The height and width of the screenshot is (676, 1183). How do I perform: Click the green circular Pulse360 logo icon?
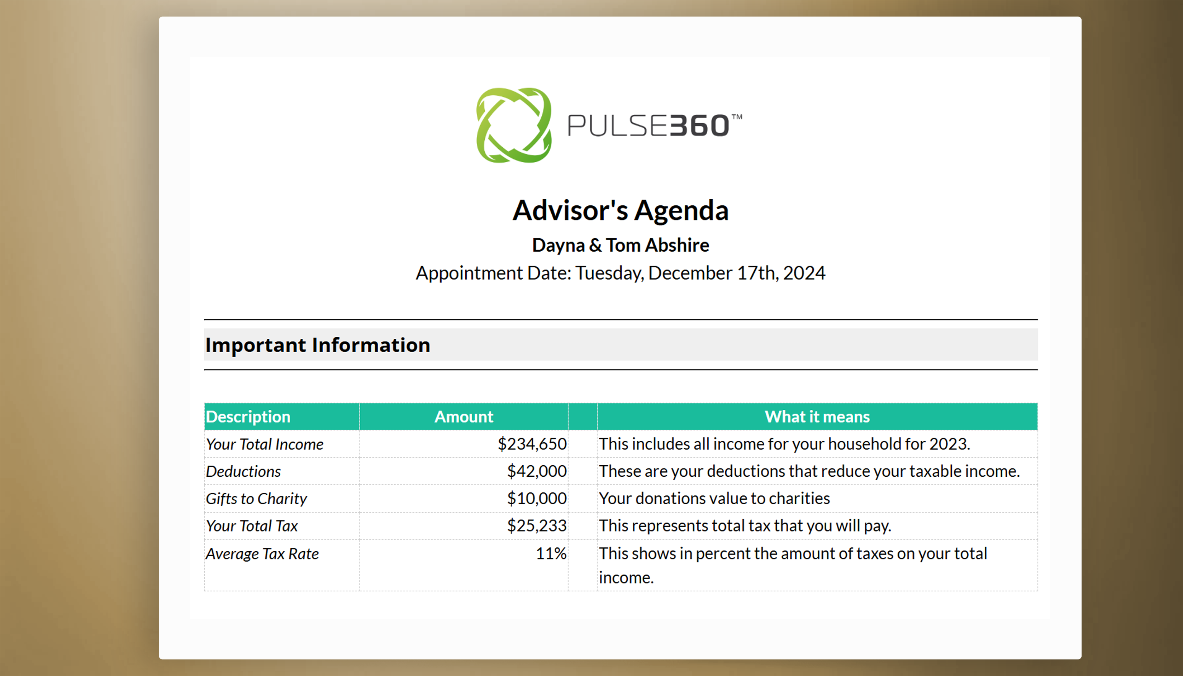point(514,125)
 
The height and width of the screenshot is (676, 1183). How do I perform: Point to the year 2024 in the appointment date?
point(804,273)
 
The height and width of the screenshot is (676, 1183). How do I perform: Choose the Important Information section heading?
point(318,345)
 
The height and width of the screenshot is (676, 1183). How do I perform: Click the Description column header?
point(248,417)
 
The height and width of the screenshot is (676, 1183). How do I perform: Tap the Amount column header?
point(464,417)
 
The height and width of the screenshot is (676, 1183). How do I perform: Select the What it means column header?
point(817,417)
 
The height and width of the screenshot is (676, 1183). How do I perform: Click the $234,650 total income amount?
point(532,444)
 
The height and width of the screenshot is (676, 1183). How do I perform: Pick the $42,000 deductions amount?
point(537,471)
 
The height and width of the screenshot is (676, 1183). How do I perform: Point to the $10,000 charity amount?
point(537,499)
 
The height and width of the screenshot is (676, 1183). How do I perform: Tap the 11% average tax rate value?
point(551,553)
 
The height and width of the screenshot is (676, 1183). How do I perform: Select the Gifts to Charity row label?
point(256,499)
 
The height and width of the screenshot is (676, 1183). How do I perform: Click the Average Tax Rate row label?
point(262,554)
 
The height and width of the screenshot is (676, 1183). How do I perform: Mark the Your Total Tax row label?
point(252,526)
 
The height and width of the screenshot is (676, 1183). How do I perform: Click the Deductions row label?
point(243,471)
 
